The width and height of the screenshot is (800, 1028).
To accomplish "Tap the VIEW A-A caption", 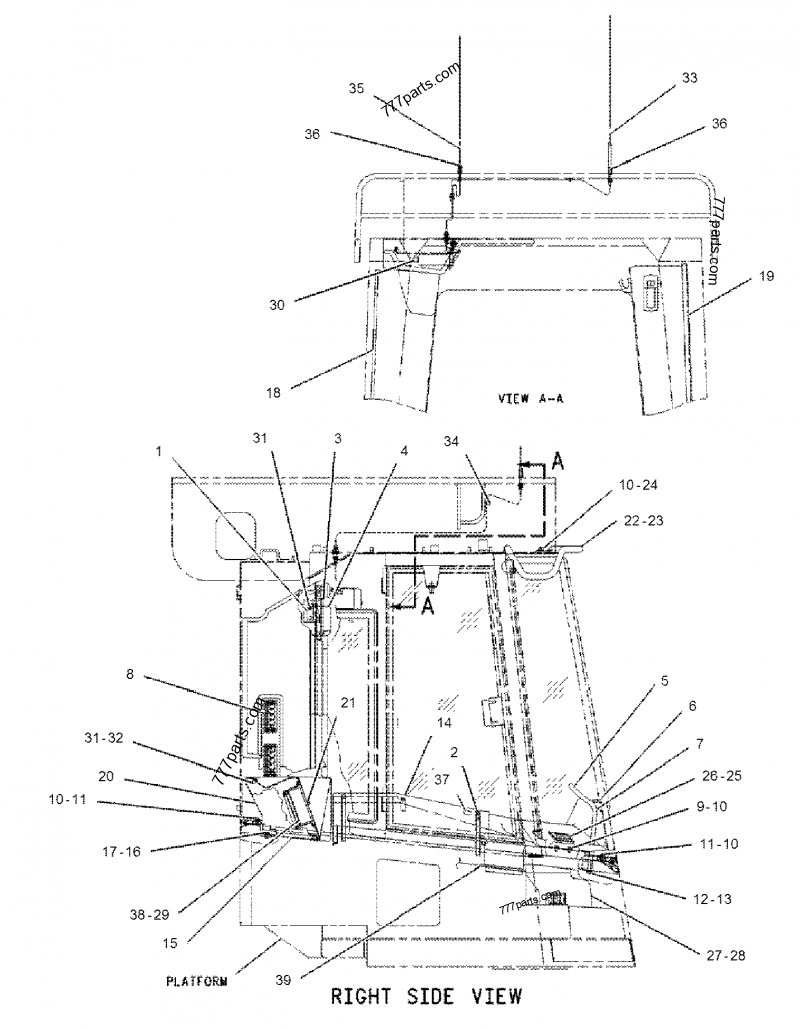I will pos(530,398).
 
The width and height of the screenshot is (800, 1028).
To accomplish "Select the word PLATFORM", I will pos(196,981).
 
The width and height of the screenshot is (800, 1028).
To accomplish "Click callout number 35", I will pos(357,89).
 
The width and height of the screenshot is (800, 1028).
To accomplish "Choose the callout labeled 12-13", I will pos(712,899).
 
